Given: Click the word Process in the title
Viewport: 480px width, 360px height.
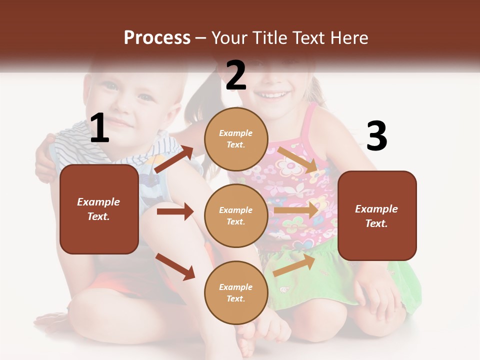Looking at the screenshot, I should (157, 38).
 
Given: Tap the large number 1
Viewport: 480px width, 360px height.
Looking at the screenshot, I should (99, 128).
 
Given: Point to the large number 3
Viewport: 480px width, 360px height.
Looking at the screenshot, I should (376, 136).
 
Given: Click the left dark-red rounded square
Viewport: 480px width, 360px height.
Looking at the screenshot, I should (99, 209).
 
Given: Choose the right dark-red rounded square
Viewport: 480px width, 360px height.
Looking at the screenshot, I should (377, 215).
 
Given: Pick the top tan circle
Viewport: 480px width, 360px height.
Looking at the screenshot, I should (236, 139).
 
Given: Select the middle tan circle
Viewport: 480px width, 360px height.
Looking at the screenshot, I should (236, 215).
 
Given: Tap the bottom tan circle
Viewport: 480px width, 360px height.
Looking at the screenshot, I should (236, 292).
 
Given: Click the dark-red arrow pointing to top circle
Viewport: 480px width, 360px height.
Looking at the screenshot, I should (173, 159).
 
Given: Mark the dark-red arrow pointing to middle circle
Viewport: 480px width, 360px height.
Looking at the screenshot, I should (175, 211).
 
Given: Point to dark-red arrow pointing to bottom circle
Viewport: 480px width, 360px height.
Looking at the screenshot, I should (175, 266).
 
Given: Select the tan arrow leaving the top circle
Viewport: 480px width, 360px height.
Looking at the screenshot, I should (297, 159).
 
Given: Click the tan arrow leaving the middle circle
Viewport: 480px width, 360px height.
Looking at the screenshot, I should (296, 210).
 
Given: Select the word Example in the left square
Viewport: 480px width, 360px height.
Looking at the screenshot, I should (98, 202).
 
